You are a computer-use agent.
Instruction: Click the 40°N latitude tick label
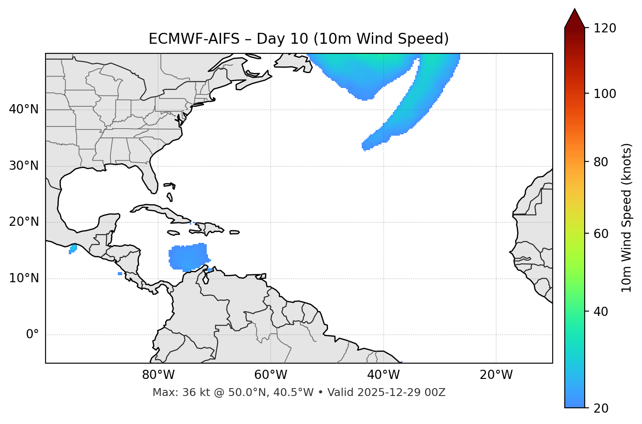point(24,109)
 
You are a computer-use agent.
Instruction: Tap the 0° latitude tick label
point(32,335)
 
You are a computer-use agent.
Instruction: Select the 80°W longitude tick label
point(158,375)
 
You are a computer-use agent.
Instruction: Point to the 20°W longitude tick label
point(496,375)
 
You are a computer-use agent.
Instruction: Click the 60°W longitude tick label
point(271,375)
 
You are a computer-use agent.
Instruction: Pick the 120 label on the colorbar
point(605,28)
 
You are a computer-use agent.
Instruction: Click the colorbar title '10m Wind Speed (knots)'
point(627,217)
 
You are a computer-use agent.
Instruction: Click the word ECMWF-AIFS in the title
point(194,39)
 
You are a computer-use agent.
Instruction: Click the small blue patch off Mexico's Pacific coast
point(73,249)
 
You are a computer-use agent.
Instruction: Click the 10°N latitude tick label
point(24,278)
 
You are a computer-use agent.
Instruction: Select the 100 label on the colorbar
point(605,94)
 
